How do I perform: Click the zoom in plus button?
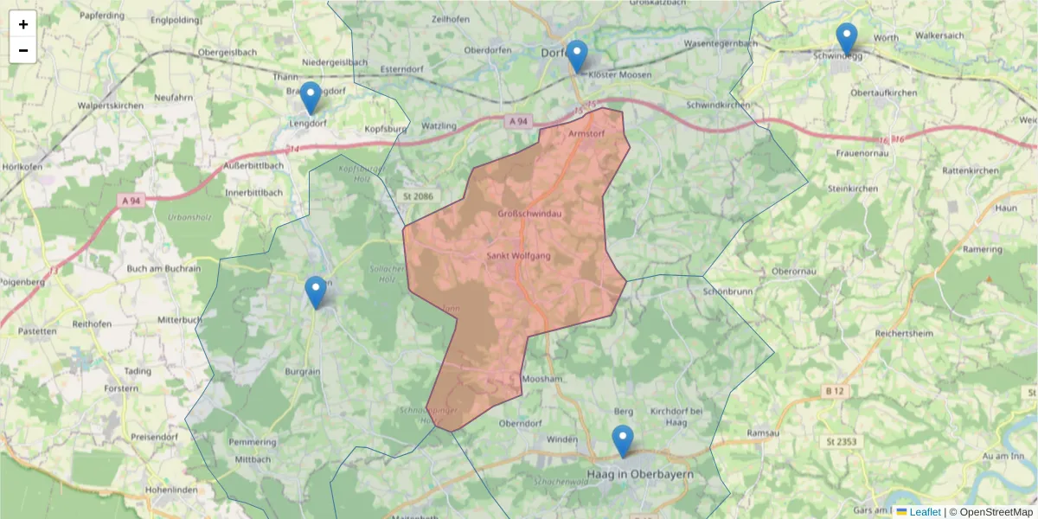[23, 24]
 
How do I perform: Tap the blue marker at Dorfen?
[576, 55]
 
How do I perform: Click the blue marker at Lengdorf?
[310, 98]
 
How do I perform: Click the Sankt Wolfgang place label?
[519, 256]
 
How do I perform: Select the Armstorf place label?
[586, 134]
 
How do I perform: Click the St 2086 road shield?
[418, 196]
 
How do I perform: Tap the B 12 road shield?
[834, 392]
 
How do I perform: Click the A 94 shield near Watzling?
[517, 122]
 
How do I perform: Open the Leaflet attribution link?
[925, 512]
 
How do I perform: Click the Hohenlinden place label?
[174, 488]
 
